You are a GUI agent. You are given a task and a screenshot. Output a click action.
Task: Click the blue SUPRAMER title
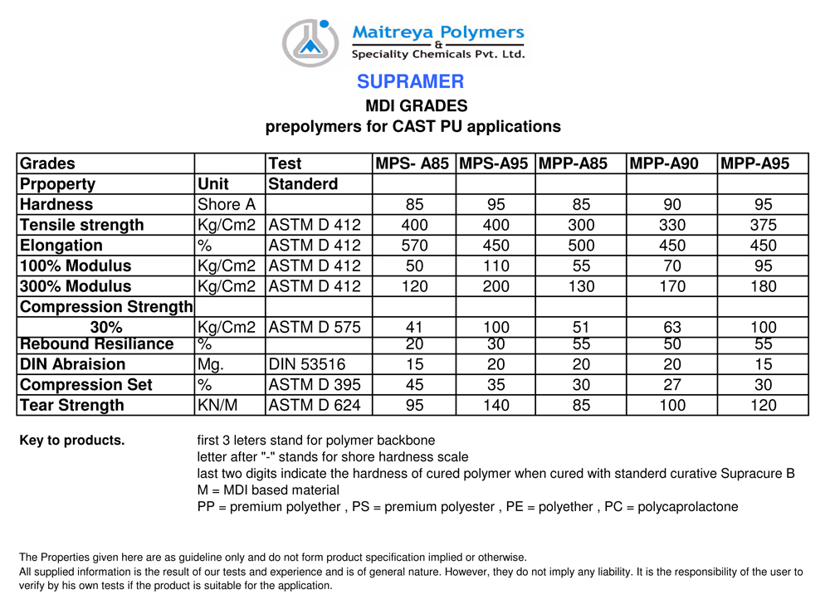pos(410,81)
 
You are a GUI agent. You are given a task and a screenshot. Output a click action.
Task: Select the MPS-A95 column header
pos(494,163)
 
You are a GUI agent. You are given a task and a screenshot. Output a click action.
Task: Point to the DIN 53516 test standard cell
pos(306,364)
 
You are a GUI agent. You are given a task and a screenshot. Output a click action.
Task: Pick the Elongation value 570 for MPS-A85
pos(414,246)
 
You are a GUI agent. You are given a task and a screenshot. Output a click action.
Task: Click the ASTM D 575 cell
pos(315,328)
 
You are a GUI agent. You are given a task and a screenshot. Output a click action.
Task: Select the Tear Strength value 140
pos(496,405)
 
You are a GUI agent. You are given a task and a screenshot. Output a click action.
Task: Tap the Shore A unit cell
pos(226,204)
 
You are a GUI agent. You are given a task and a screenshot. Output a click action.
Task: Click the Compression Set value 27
pos(671,385)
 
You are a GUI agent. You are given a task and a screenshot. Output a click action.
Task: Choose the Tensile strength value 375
pos(763,225)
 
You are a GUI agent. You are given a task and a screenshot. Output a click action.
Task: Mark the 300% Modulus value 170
pos(671,286)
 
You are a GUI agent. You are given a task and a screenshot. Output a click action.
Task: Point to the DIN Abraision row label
pos(72,364)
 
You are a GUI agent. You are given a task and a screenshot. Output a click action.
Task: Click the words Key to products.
pos(72,441)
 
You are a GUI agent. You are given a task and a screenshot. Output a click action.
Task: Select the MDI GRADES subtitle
pos(417,106)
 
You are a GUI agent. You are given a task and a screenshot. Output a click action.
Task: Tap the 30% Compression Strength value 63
pos(671,328)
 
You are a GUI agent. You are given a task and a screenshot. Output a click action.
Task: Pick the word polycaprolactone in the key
pos(687,507)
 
